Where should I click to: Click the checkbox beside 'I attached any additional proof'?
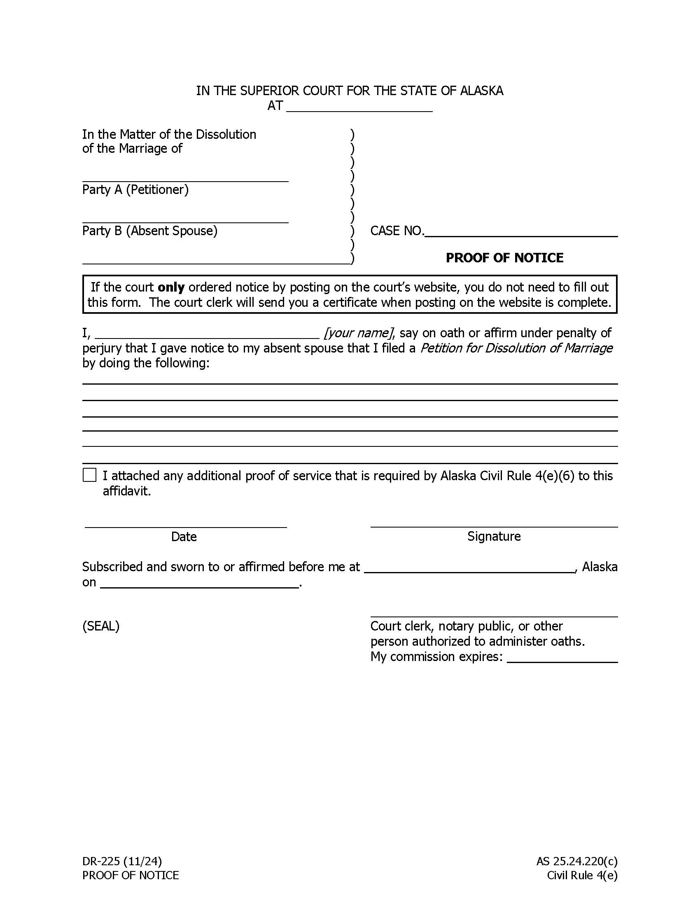pyautogui.click(x=90, y=475)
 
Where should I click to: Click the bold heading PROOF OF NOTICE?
pyautogui.click(x=504, y=258)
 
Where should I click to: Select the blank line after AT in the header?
pyautogui.click(x=359, y=107)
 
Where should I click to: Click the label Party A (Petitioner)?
pyautogui.click(x=135, y=189)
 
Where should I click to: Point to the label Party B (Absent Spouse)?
pyautogui.click(x=150, y=231)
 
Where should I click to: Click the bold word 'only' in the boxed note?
pyautogui.click(x=171, y=287)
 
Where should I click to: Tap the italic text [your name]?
pyautogui.click(x=358, y=333)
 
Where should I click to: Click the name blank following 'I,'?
pyautogui.click(x=210, y=334)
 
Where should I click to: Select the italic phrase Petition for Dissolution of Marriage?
pyautogui.click(x=516, y=348)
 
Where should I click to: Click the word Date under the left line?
pyautogui.click(x=184, y=537)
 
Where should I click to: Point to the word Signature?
pyautogui.click(x=493, y=536)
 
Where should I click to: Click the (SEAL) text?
pyautogui.click(x=101, y=626)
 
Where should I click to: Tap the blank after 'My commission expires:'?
pyautogui.click(x=562, y=658)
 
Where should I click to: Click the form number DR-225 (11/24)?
pyautogui.click(x=122, y=862)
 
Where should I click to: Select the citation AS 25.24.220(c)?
pyautogui.click(x=577, y=862)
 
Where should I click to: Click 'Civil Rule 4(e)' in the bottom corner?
pyautogui.click(x=582, y=875)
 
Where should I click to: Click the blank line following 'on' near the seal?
pyautogui.click(x=199, y=583)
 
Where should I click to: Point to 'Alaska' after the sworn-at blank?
pyautogui.click(x=600, y=567)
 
